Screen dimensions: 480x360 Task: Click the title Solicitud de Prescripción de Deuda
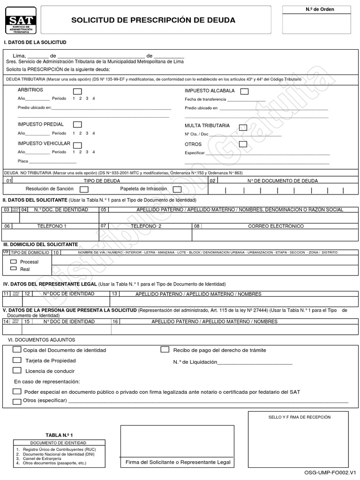pyautogui.click(x=153, y=20)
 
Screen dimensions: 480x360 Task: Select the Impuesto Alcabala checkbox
pyautogui.click(x=244, y=91)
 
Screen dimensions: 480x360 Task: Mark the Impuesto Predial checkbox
pyautogui.click(x=77, y=125)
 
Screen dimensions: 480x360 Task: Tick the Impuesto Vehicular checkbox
pyautogui.click(x=77, y=145)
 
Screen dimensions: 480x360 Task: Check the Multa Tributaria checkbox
pyautogui.click(x=243, y=127)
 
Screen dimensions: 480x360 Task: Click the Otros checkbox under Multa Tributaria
pyautogui.click(x=243, y=144)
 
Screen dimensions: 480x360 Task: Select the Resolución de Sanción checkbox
pyautogui.click(x=84, y=189)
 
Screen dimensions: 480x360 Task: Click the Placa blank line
pyautogui.click(x=52, y=162)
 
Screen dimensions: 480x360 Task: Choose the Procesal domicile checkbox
pyautogui.click(x=13, y=262)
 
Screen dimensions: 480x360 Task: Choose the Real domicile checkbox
pyautogui.click(x=13, y=269)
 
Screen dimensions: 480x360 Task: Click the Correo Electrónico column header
pyautogui.click(x=276, y=226)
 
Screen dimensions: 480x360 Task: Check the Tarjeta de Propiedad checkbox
pyautogui.click(x=17, y=360)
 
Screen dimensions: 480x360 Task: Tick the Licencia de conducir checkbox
pyautogui.click(x=17, y=370)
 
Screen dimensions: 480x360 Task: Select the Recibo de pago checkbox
pyautogui.click(x=165, y=349)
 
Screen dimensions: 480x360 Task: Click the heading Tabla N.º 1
pyautogui.click(x=59, y=435)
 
